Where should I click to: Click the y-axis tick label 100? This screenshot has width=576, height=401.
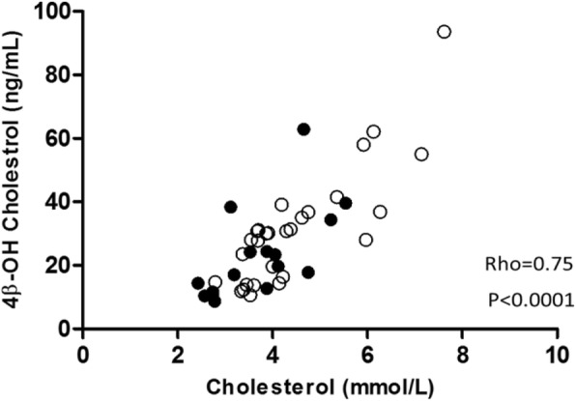coord(57,12)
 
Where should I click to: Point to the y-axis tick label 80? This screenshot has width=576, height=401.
coord(62,75)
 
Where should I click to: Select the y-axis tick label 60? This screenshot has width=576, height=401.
coord(62,138)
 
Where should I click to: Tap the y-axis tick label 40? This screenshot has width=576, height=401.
coord(62,202)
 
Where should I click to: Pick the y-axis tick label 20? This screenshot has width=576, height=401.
coord(62,265)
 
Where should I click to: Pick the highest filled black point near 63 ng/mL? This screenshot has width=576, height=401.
coord(303,129)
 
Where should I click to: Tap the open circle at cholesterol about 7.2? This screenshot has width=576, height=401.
coord(421,154)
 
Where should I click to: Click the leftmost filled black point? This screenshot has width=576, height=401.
coord(198,283)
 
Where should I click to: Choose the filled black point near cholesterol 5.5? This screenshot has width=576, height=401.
coord(345,203)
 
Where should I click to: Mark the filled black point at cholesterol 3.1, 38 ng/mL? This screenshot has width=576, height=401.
coord(231,207)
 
